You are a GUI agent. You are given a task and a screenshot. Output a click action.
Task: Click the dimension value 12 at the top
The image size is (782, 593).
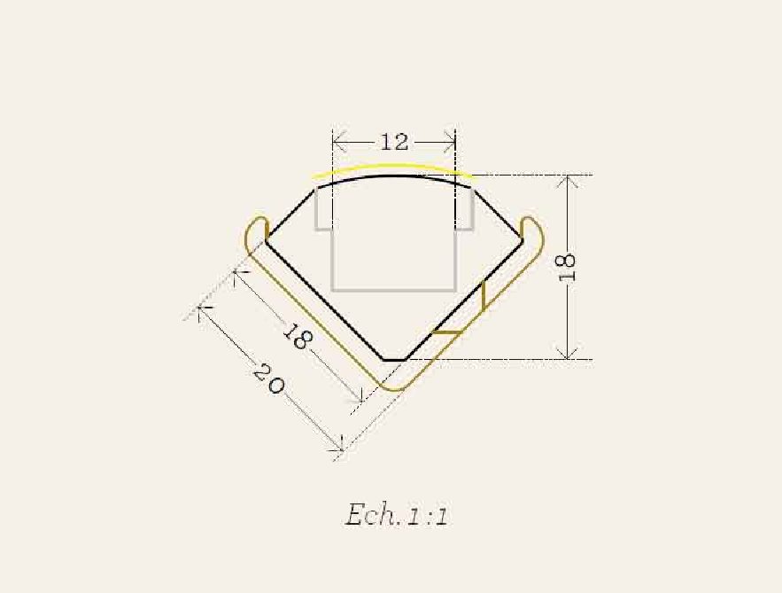(394, 142)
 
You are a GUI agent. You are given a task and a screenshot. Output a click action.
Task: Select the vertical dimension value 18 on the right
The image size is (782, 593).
(567, 268)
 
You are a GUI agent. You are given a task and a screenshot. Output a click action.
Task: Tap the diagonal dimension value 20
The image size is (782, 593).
(267, 379)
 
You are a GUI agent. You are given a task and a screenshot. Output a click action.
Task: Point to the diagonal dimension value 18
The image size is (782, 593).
(298, 337)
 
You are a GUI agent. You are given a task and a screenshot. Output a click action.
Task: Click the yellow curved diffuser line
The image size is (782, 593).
(392, 168)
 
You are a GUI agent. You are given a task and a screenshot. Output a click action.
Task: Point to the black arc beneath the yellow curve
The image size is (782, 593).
(394, 176)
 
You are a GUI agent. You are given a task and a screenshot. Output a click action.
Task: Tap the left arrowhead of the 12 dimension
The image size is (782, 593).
(339, 142)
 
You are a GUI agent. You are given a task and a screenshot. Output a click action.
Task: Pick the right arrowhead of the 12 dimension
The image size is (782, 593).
(449, 142)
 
